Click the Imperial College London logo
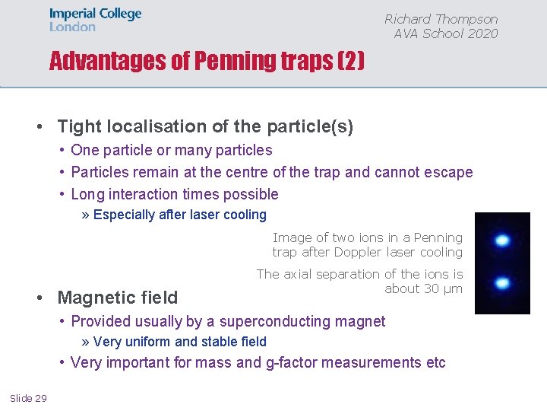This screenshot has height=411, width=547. point(95,20)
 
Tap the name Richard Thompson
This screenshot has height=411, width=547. point(441,19)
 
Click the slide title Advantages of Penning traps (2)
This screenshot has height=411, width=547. point(207,62)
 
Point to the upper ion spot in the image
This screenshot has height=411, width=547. point(501,241)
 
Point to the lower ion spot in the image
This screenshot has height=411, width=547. point(501,283)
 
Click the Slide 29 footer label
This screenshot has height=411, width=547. point(28,398)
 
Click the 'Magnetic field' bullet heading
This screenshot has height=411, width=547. point(118,298)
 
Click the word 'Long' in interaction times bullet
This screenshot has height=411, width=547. point(86,194)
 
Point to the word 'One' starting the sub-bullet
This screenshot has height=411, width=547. point(84,150)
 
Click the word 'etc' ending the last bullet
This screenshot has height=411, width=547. point(435,362)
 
